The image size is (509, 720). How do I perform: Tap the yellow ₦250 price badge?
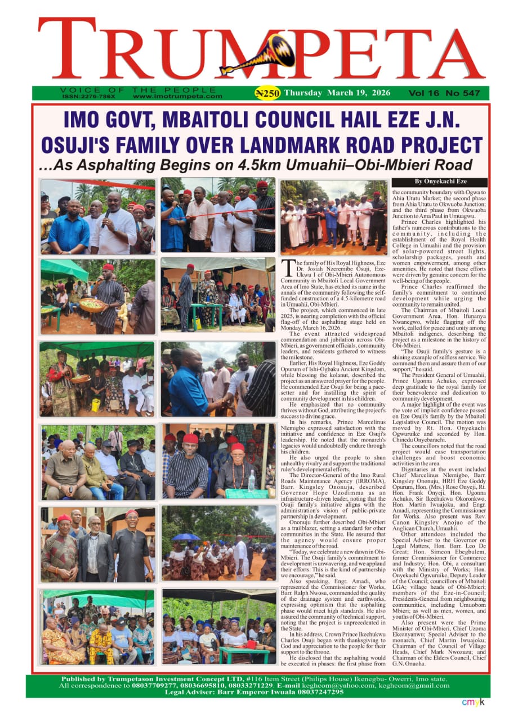click(267, 93)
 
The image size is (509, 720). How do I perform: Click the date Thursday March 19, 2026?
click(329, 93)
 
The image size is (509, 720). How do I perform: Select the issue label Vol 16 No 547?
click(439, 93)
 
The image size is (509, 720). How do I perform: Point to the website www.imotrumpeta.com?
click(178, 96)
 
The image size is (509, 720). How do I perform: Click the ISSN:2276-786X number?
click(89, 96)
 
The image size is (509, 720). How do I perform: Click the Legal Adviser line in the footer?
click(254, 692)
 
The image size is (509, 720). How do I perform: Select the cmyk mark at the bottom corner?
click(473, 702)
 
